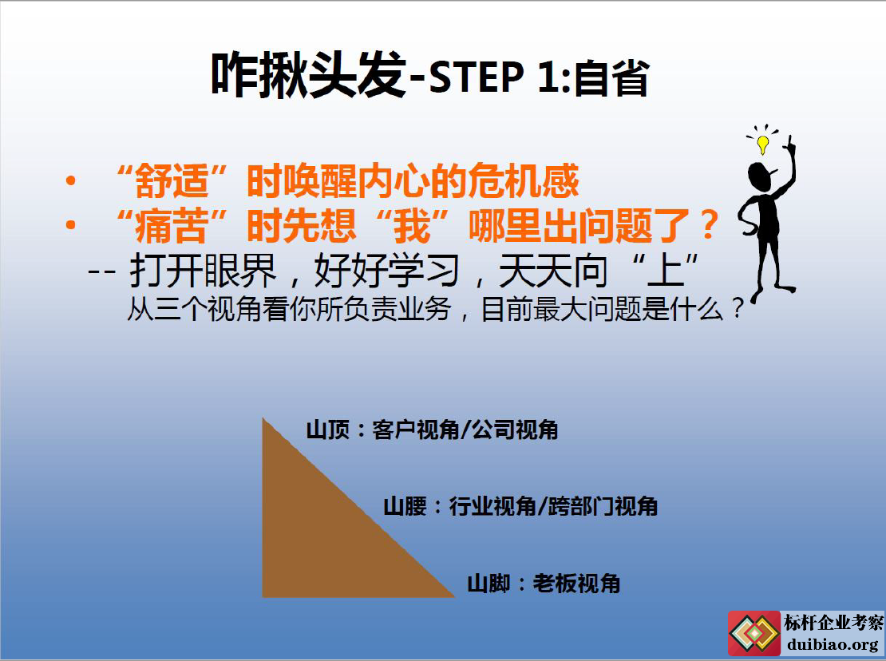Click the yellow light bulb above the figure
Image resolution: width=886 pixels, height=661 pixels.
(763, 144)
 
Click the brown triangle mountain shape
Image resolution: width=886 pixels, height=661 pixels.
(328, 536)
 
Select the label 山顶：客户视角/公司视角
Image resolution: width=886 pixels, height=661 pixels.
(433, 430)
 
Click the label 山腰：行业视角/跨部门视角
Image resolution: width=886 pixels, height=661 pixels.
(520, 506)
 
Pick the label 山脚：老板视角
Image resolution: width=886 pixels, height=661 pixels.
(544, 584)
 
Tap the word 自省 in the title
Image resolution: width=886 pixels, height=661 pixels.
(612, 78)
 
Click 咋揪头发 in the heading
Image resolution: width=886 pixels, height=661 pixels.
(309, 74)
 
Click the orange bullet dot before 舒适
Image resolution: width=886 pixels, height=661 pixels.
(70, 180)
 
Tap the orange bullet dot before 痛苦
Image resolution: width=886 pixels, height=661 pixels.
(70, 225)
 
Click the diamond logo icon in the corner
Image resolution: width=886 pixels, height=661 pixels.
(753, 633)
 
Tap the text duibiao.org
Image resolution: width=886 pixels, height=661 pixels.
(832, 644)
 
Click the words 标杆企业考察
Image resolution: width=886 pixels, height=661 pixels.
(833, 623)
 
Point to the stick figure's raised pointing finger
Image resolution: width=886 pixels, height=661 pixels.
(790, 142)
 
